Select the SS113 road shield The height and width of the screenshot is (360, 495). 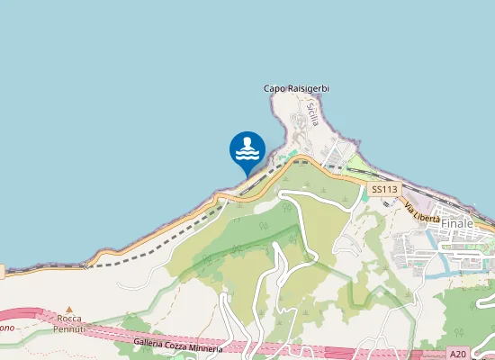[383, 189]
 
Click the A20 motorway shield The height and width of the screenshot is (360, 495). [458, 355]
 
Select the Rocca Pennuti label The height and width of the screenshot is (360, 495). [70, 324]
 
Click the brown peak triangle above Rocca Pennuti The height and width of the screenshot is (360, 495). [69, 309]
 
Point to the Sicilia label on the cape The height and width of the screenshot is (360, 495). [312, 112]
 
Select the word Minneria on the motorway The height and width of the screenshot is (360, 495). [205, 348]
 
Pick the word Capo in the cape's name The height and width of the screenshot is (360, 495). [273, 88]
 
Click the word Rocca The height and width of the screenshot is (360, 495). [70, 319]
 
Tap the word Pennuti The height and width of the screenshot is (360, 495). [70, 329]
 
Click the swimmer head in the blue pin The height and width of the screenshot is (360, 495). [247, 141]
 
